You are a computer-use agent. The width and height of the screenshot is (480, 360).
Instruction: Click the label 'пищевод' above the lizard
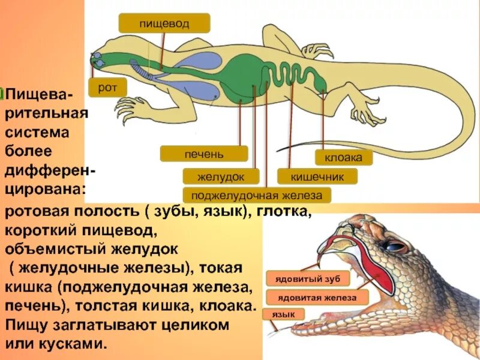click(x=164, y=23)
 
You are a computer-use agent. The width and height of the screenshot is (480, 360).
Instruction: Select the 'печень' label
click(x=203, y=154)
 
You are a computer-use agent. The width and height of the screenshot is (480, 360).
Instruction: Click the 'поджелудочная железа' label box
click(x=257, y=195)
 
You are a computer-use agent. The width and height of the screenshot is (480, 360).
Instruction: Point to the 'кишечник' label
click(x=317, y=176)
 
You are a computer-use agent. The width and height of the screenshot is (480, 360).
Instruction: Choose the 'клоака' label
click(x=343, y=158)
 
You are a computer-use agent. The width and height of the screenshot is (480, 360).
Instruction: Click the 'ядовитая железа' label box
click(x=317, y=297)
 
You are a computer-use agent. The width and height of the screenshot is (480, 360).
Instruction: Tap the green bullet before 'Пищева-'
click(x=2, y=95)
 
